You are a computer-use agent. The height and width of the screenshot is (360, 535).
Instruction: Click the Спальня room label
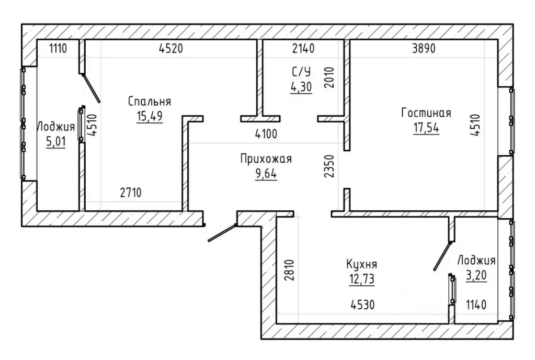pyautogui.click(x=150, y=102)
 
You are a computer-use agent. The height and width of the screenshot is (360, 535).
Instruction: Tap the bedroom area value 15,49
pyautogui.click(x=150, y=116)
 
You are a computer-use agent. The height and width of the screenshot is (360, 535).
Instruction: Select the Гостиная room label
pyautogui.click(x=426, y=113)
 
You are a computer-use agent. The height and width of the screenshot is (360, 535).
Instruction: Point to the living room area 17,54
pyautogui.click(x=426, y=128)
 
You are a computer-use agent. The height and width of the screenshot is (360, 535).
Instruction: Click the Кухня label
pyautogui.click(x=362, y=264)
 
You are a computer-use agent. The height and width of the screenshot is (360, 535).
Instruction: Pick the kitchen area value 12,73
pyautogui.click(x=362, y=279)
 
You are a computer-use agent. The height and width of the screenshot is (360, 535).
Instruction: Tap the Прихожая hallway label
pyautogui.click(x=266, y=159)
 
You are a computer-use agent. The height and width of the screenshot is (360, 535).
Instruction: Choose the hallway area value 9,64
pyautogui.click(x=266, y=174)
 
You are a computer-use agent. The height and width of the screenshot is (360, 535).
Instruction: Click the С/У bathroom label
pyautogui.click(x=301, y=72)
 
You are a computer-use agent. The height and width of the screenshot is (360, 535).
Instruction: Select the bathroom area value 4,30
pyautogui.click(x=301, y=87)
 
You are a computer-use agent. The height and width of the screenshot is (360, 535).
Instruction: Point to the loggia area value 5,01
pyautogui.click(x=56, y=141)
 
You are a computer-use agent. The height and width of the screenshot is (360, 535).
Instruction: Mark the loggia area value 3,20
pyautogui.click(x=476, y=275)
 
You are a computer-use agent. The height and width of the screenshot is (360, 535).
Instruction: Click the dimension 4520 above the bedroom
pyautogui.click(x=171, y=49)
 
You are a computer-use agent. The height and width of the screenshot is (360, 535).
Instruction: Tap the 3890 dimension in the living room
pyautogui.click(x=424, y=49)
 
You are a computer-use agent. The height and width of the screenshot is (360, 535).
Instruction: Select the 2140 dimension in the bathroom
pyautogui.click(x=303, y=49)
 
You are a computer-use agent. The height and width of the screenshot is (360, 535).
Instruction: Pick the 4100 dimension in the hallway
pyautogui.click(x=266, y=134)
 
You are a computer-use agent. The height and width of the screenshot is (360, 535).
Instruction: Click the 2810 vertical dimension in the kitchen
pyautogui.click(x=289, y=270)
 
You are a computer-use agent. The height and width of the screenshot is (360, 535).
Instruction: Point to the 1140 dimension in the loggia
pyautogui.click(x=476, y=305)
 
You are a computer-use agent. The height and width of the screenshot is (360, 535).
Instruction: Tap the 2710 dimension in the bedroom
pyautogui.click(x=131, y=193)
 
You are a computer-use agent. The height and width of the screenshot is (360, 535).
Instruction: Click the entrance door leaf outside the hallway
pyautogui.click(x=222, y=233)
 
